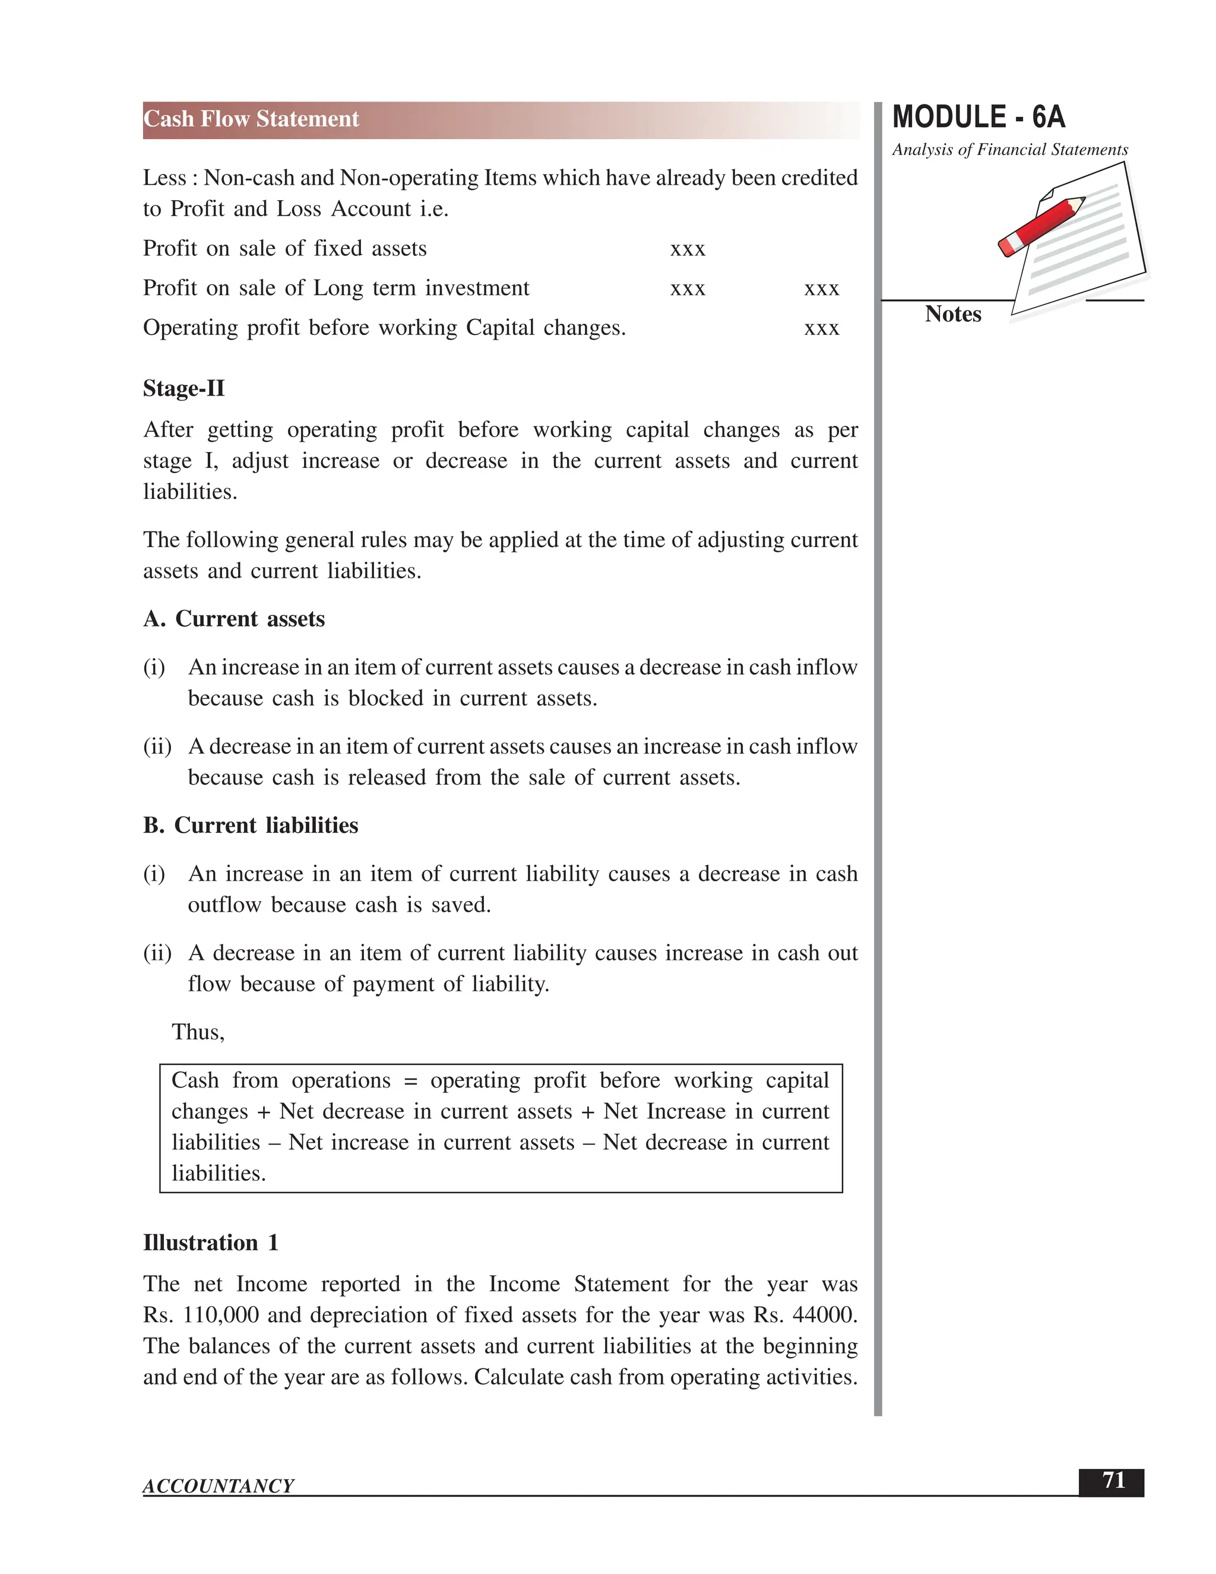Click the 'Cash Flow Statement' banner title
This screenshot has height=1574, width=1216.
point(251,119)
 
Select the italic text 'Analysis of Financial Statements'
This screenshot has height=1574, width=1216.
point(1009,150)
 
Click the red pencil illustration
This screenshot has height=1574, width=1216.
point(1040,226)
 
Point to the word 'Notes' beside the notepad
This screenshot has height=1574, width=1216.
point(952,314)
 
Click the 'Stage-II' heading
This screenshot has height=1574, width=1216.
point(183,388)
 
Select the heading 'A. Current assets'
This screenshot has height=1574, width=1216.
point(234,619)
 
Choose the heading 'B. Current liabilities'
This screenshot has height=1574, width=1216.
point(251,825)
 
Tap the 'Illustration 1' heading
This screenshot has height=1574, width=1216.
point(210,1243)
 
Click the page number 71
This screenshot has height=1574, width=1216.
point(1113,1480)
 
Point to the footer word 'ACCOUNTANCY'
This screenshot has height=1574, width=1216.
point(218,1486)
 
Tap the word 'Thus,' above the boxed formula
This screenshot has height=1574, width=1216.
point(198,1032)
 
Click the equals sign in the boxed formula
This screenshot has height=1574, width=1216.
point(411,1081)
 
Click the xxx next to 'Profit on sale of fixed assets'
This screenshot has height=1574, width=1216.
point(687,249)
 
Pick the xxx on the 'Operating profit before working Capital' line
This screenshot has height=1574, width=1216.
point(821,328)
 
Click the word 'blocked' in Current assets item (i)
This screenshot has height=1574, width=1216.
point(385,698)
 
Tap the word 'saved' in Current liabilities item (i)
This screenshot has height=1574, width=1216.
point(460,905)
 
